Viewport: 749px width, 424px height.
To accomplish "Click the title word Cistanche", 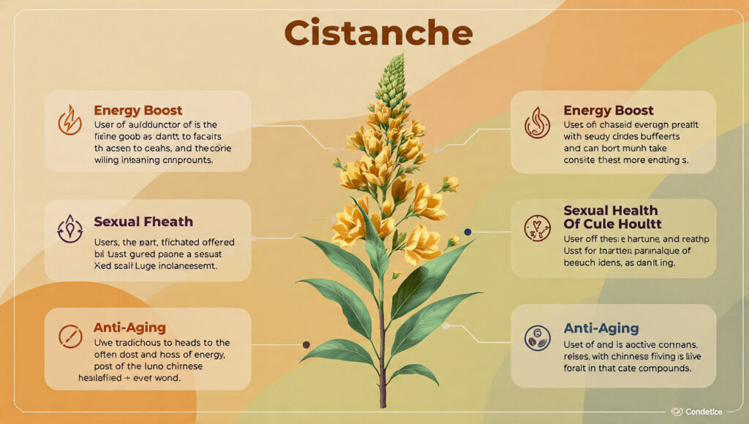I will pos(378,33).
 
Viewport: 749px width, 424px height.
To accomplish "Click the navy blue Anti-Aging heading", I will pos(601,328).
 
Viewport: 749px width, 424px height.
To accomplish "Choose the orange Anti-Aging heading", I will pos(129,328).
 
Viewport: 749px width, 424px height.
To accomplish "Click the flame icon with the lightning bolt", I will pos(69,121).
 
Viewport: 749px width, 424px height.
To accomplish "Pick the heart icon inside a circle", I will pos(538,228).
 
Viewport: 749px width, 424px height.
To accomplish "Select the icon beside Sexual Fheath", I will pos(69,229).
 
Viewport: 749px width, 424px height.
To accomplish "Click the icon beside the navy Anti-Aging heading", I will pos(538,337).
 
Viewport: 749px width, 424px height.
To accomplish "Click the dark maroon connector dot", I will pos(306,344).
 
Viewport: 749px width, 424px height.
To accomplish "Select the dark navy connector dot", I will pos(467,232).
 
